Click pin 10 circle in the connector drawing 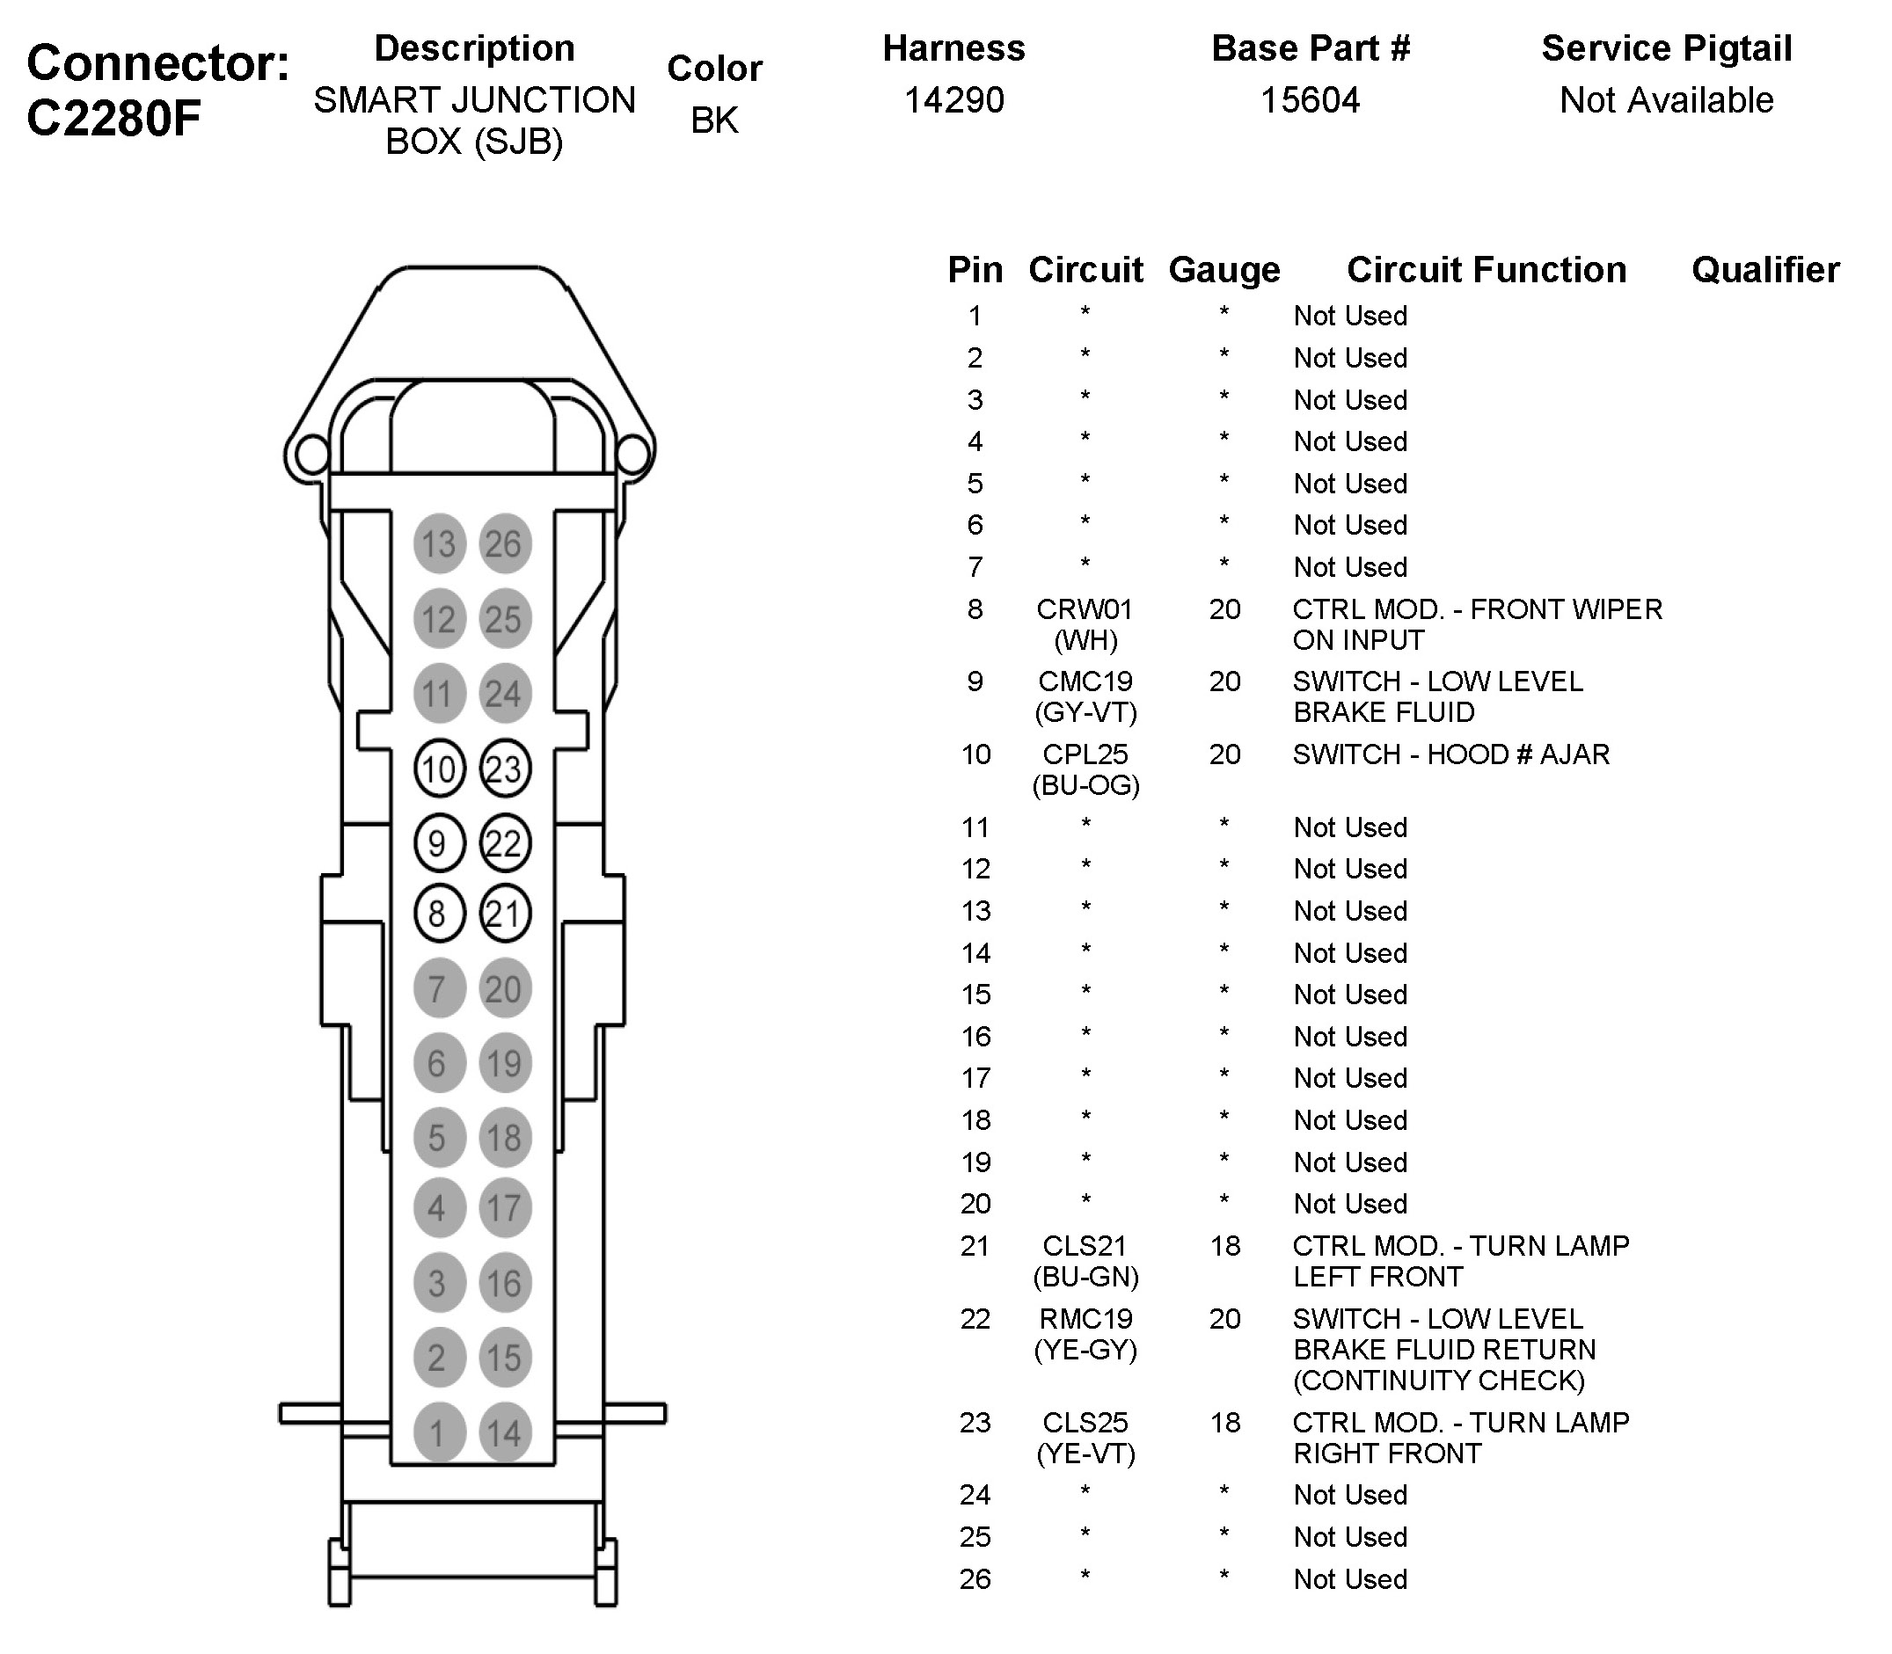pos(439,768)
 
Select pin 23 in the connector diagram pos(504,768)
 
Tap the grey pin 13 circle pos(439,543)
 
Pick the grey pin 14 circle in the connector pos(504,1432)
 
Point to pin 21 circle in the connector pos(504,914)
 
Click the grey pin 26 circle pos(504,543)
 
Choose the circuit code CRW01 pos(1084,609)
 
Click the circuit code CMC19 pos(1085,681)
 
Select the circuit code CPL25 pos(1085,754)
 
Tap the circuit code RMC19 pos(1085,1318)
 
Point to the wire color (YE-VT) pos(1085,1453)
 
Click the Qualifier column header pos(1764,270)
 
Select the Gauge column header pos(1224,270)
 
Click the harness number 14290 pos(953,99)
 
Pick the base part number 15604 pos(1311,99)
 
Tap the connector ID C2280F pos(113,118)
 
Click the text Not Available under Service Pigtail pos(1666,99)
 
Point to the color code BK pos(713,120)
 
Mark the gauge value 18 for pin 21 pos(1224,1246)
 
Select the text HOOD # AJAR pos(1518,754)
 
